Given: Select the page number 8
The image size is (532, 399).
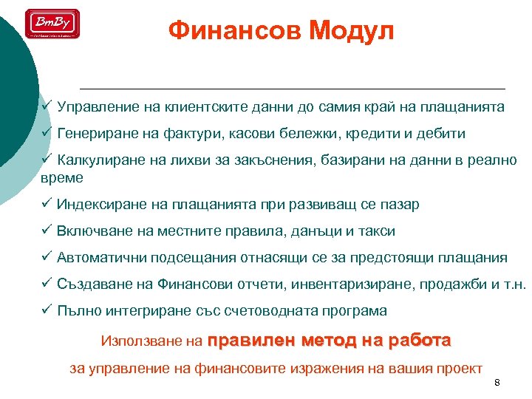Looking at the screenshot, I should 497,382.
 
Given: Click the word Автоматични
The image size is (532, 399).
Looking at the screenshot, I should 103,258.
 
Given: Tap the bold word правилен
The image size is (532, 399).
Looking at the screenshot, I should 252,341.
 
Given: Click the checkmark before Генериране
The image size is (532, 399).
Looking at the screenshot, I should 46,134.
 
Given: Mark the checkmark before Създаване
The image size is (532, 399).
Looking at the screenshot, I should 46,284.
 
